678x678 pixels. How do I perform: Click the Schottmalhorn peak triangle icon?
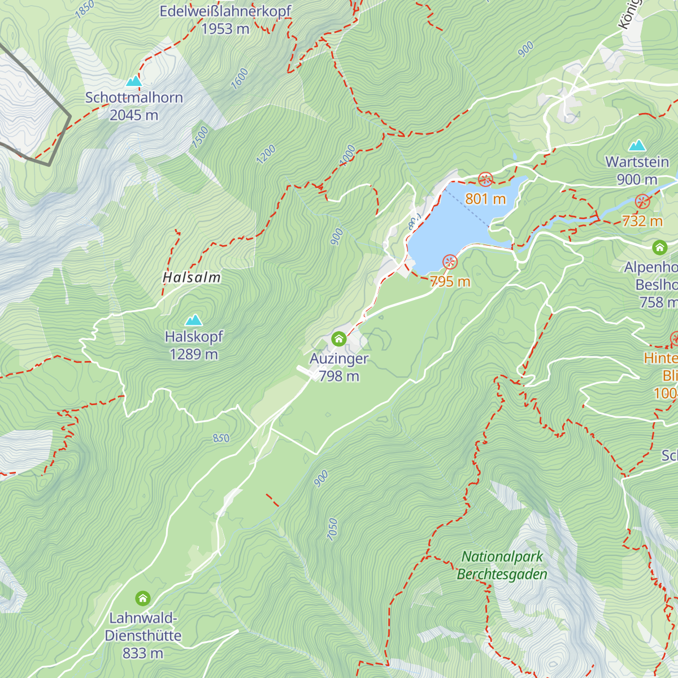[134, 82]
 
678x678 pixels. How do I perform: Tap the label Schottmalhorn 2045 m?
[134, 106]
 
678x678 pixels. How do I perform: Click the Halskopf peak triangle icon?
[194, 320]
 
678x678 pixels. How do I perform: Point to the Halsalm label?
[192, 277]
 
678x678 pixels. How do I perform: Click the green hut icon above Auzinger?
[338, 339]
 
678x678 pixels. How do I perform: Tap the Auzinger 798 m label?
[339, 367]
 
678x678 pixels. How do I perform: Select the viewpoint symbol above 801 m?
[485, 180]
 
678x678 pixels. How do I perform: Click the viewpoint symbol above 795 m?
[450, 262]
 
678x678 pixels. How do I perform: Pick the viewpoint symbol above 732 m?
[642, 202]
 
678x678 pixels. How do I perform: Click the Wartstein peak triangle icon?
[637, 146]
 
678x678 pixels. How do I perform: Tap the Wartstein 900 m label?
[637, 171]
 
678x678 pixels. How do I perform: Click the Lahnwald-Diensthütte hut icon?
[143, 598]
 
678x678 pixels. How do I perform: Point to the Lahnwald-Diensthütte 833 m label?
[143, 636]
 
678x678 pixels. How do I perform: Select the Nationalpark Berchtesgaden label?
[502, 565]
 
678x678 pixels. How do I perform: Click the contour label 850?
[221, 438]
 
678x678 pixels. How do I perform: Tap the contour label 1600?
[240, 79]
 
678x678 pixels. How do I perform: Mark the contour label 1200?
[266, 154]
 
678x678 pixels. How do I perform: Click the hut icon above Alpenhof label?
[659, 247]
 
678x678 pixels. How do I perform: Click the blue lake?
[452, 226]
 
